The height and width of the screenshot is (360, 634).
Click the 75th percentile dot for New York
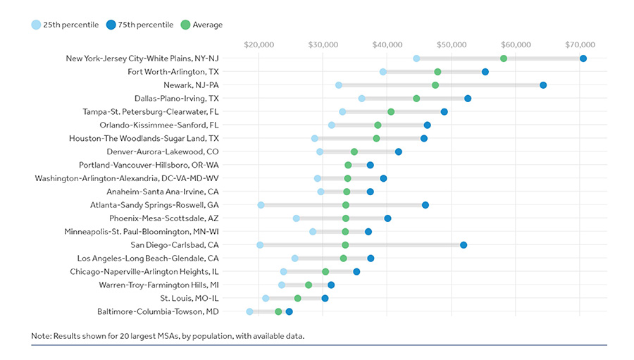tap(583, 58)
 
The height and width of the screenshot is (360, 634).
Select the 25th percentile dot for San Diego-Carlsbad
tap(260, 245)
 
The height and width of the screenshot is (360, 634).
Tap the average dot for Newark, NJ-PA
tap(435, 85)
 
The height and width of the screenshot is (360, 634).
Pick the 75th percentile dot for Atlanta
tap(425, 205)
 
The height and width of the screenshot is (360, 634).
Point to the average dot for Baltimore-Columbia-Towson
tap(278, 311)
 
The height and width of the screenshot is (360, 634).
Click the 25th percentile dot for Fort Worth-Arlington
tap(383, 72)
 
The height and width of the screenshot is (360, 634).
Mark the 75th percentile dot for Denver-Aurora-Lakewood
tap(399, 151)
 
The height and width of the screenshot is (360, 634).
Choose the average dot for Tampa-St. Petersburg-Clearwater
tap(391, 111)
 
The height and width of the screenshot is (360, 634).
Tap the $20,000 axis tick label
tap(259, 44)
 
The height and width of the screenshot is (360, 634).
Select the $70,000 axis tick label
tap(580, 44)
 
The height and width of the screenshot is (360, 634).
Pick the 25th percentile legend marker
tap(36, 25)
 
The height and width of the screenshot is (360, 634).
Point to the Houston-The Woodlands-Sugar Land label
tap(144, 138)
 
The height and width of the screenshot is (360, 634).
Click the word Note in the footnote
tap(41, 336)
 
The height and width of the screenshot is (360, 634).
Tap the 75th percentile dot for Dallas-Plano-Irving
tap(468, 99)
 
